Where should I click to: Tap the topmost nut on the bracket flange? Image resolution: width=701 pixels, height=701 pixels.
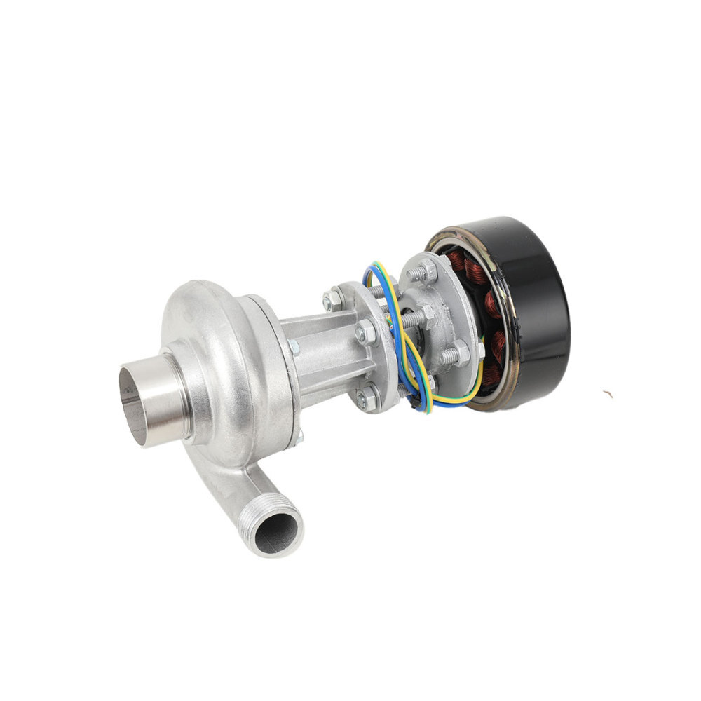(334, 299)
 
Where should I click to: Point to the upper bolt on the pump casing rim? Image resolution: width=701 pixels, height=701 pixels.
(292, 347)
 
